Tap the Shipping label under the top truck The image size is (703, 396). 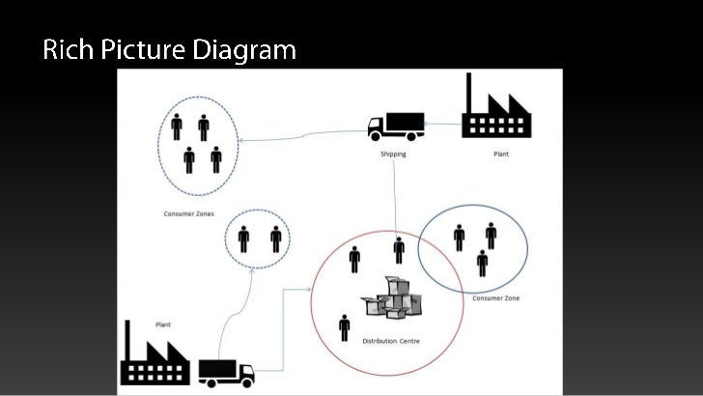coord(393,154)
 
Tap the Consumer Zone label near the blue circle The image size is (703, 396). coord(495,298)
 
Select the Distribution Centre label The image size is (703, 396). coord(391,341)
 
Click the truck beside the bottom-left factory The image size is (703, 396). coord(227,371)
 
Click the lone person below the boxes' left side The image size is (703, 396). coord(345,327)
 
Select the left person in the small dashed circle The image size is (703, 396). coord(243,238)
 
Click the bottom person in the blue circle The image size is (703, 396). coord(482,263)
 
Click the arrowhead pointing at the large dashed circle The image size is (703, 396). coord(241,141)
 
